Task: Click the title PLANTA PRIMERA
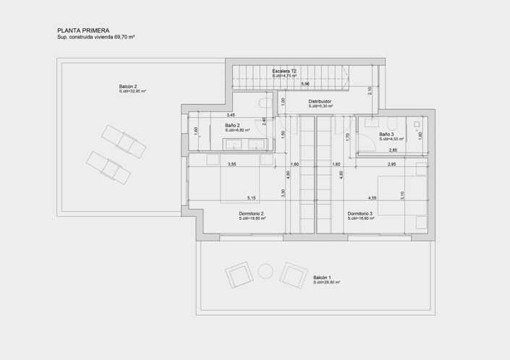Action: tap(83, 30)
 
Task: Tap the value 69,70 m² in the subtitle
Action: tap(129, 36)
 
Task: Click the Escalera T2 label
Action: tap(284, 71)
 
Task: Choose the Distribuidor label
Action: tap(319, 101)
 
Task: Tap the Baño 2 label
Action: tap(232, 125)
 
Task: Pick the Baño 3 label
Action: tap(386, 134)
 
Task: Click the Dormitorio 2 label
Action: tap(251, 213)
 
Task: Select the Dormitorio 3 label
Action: tap(360, 213)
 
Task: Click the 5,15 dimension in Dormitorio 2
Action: tap(251, 197)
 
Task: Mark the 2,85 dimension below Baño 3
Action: tap(393, 150)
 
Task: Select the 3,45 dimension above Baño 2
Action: tap(230, 115)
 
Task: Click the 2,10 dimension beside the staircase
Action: tap(370, 90)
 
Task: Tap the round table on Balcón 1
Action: tap(265, 272)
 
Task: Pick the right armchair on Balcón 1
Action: tap(293, 275)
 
